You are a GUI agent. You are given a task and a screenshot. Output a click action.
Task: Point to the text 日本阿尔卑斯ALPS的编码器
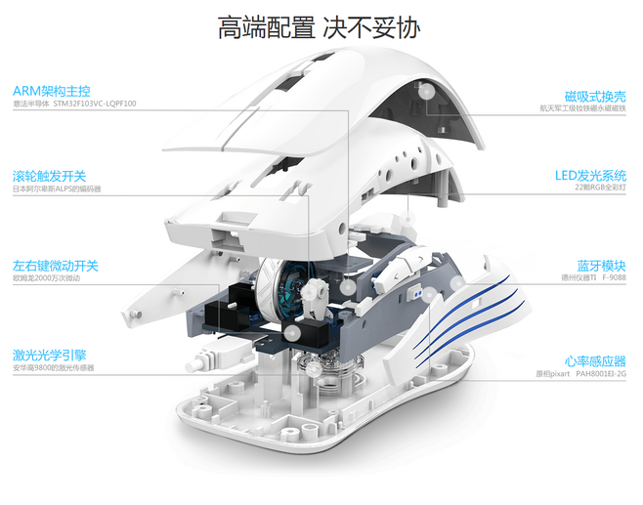[57, 189]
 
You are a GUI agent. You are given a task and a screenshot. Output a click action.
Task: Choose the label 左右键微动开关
[56, 266]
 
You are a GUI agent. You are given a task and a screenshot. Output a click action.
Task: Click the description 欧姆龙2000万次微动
[46, 279]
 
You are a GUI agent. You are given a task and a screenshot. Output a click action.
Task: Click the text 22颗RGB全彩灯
[599, 188]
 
